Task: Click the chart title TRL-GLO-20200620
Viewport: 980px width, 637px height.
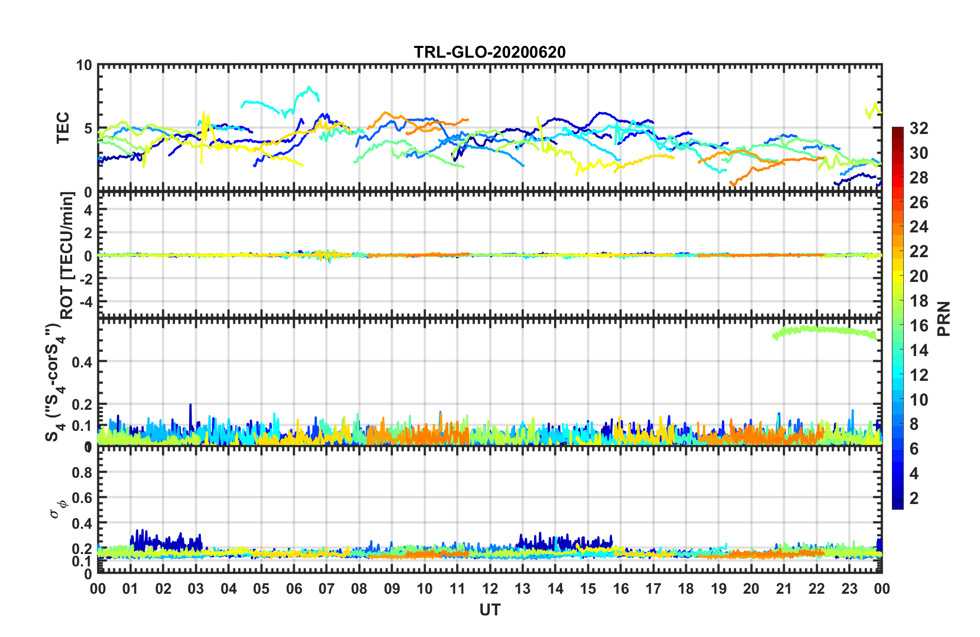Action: [x=489, y=52]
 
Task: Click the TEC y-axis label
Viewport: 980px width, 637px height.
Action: [x=62, y=128]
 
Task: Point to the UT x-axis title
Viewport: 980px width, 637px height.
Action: [x=489, y=610]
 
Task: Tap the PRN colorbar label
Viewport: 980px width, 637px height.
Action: [x=943, y=318]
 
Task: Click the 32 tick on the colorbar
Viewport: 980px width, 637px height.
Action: [x=919, y=128]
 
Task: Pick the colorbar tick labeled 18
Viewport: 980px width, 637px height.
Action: [x=919, y=301]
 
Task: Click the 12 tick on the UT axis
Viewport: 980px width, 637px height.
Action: [x=490, y=589]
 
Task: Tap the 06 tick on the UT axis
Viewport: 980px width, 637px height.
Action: [x=294, y=589]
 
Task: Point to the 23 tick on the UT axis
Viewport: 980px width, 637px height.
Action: [x=849, y=589]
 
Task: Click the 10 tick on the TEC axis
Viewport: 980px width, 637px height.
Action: [x=84, y=65]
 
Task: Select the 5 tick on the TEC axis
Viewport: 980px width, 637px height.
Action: [x=88, y=128]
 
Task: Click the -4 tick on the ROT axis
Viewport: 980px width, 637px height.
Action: [x=85, y=300]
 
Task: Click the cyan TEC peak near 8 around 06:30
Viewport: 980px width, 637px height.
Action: [x=309, y=89]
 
